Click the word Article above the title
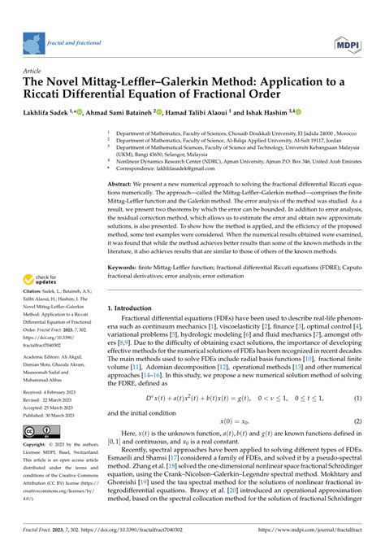tap(32, 71)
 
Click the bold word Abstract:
tap(122, 186)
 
